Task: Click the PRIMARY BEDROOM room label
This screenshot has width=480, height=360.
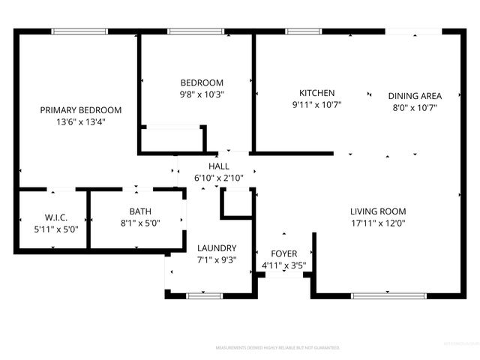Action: [80, 109]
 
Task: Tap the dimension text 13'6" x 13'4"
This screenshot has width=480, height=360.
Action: [80, 121]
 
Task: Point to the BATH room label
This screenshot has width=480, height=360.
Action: [139, 211]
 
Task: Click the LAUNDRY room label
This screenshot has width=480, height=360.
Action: [217, 248]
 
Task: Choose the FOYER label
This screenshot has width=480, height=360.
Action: [283, 253]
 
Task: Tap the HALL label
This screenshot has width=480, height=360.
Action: [219, 166]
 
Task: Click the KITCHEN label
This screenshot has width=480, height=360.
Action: [316, 93]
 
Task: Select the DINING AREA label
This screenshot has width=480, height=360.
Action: [415, 95]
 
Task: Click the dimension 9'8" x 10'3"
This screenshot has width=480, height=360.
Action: [202, 94]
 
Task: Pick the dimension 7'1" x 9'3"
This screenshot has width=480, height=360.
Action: [217, 260]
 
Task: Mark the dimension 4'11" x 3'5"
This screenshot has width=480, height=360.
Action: [283, 265]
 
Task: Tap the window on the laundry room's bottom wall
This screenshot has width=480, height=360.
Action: [205, 296]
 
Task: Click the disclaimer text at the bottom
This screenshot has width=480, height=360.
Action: [277, 349]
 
